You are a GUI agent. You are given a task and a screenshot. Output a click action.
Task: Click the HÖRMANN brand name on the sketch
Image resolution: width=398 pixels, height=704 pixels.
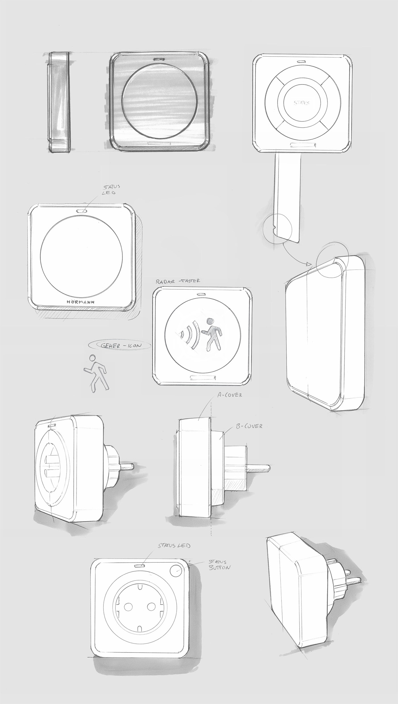point(81,302)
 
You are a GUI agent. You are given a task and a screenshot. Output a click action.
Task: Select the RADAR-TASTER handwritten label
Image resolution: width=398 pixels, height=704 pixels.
point(178,281)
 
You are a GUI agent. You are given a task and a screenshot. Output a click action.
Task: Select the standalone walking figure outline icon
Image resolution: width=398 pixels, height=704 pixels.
point(96,373)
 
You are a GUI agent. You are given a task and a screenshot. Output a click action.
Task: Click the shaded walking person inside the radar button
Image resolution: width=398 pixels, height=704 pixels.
point(212,334)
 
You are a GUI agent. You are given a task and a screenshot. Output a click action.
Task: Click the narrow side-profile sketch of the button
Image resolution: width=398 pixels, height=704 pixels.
point(59,102)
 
